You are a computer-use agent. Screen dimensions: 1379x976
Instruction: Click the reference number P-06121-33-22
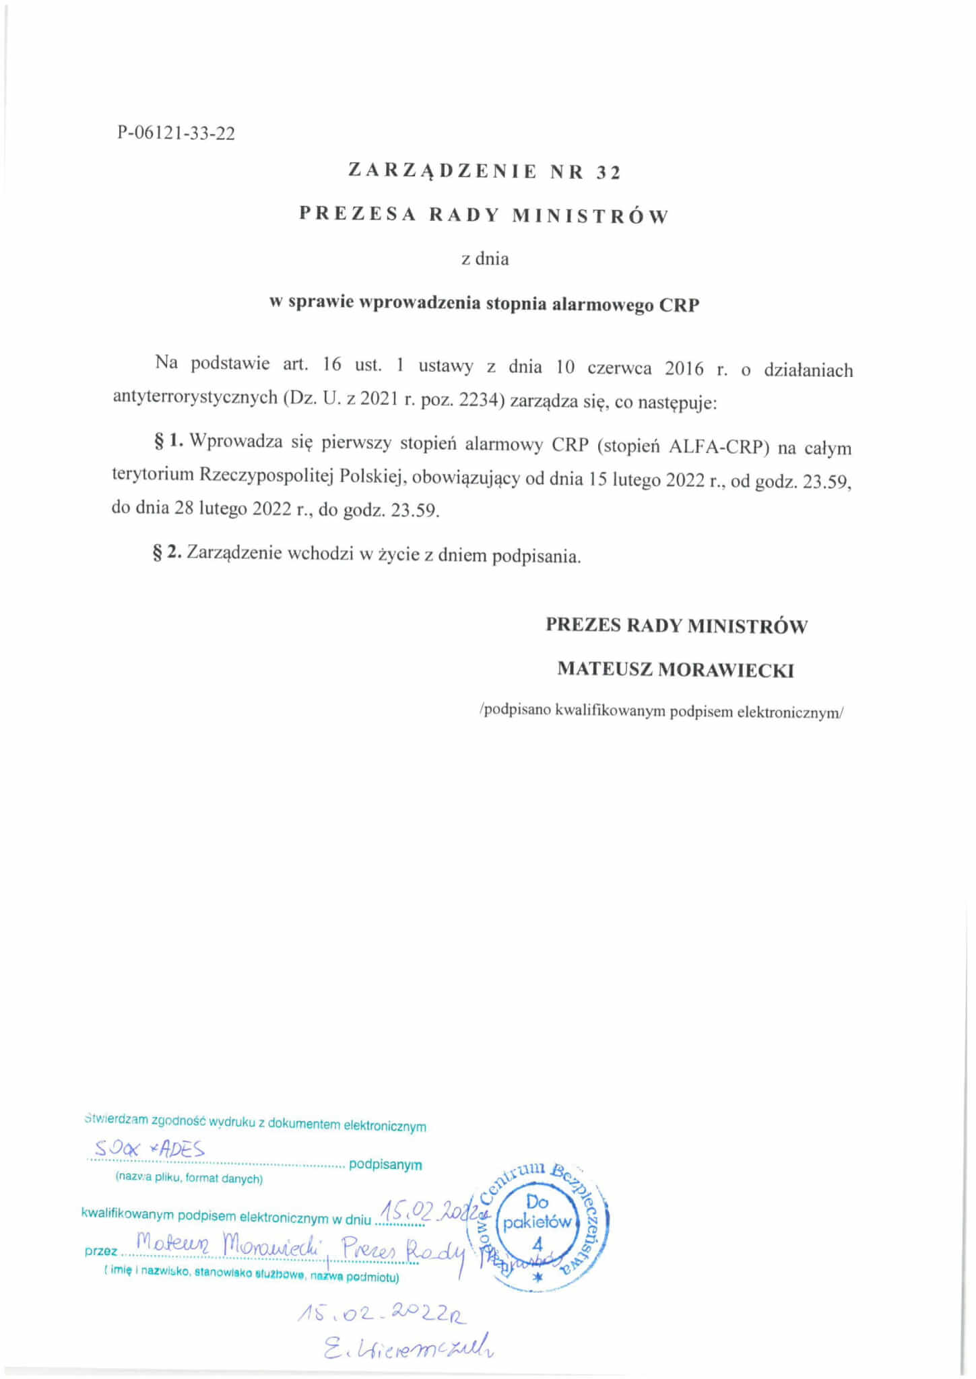point(176,133)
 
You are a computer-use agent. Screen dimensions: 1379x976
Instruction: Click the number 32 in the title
point(608,172)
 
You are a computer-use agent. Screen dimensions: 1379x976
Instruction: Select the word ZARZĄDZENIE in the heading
point(442,171)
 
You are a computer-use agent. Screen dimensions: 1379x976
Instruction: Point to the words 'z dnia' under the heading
point(485,259)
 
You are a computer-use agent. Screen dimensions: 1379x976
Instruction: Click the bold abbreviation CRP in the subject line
point(678,304)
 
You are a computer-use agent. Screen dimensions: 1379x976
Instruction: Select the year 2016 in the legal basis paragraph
point(684,368)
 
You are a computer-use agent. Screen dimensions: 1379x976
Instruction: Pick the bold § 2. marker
point(168,553)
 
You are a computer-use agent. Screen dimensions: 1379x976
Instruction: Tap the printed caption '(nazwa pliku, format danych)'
point(189,1178)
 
